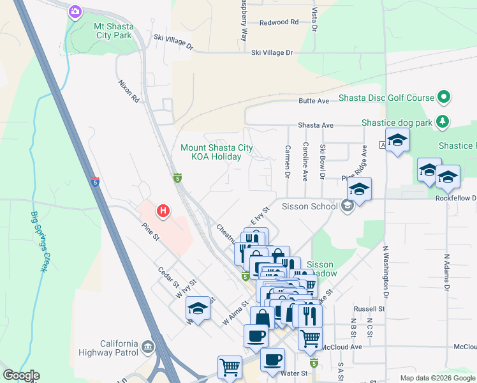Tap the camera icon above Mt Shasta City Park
[x=75, y=11]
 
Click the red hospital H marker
[x=163, y=210]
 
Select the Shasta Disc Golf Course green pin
[x=444, y=98]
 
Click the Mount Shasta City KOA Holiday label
[x=216, y=152]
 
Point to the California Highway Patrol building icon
[x=148, y=347]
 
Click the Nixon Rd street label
[x=129, y=91]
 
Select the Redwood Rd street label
[x=279, y=22]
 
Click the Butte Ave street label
[x=314, y=101]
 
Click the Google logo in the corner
[x=22, y=375]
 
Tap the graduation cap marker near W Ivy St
[x=198, y=310]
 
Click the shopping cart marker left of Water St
[x=230, y=367]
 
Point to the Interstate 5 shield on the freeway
[x=95, y=182]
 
